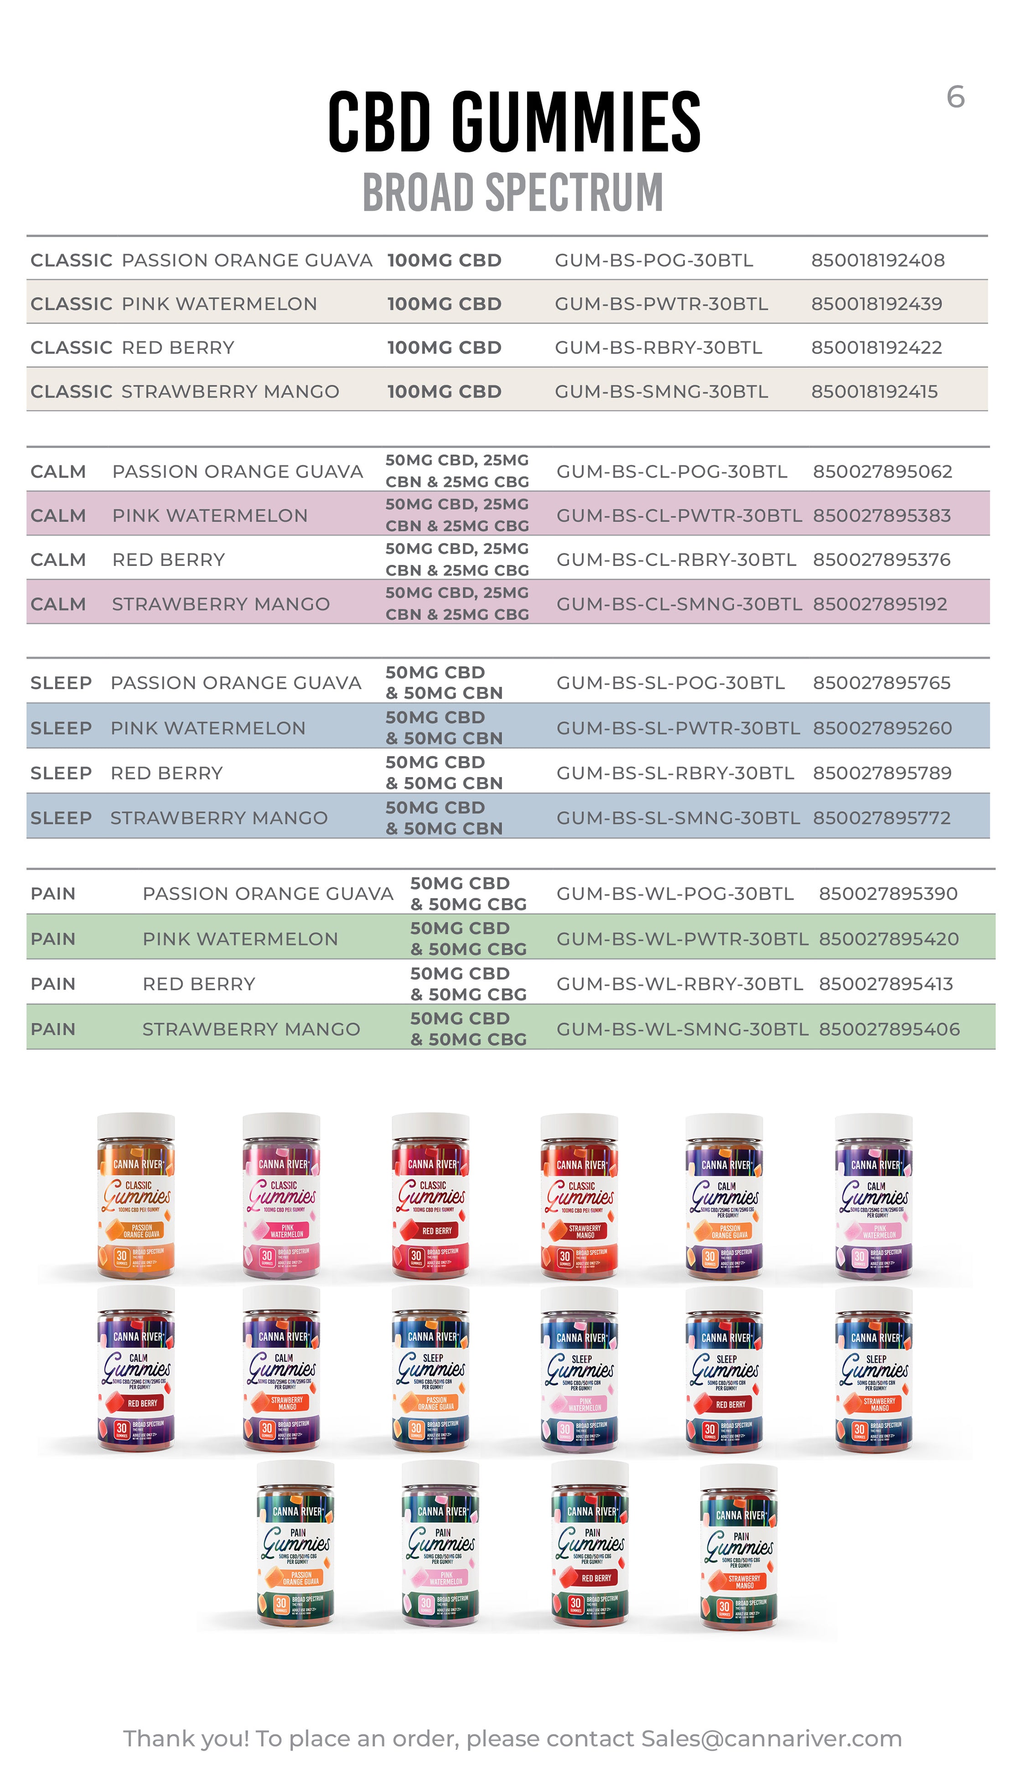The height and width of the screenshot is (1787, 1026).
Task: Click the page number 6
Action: (955, 97)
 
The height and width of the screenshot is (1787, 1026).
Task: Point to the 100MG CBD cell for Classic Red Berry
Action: (444, 348)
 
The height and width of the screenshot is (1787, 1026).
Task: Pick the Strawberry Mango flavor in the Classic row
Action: (230, 391)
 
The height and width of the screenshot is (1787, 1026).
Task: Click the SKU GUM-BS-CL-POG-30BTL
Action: (672, 472)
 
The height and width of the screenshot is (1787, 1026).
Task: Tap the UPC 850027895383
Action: (881, 516)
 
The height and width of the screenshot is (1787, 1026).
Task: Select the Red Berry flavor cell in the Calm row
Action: (168, 560)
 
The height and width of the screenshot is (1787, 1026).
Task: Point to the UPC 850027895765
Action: (881, 682)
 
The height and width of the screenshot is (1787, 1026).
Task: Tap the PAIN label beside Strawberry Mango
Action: (53, 1029)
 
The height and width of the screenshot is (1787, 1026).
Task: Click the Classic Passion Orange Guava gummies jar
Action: (136, 1198)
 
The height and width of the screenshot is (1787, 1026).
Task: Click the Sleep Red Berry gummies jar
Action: (725, 1371)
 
